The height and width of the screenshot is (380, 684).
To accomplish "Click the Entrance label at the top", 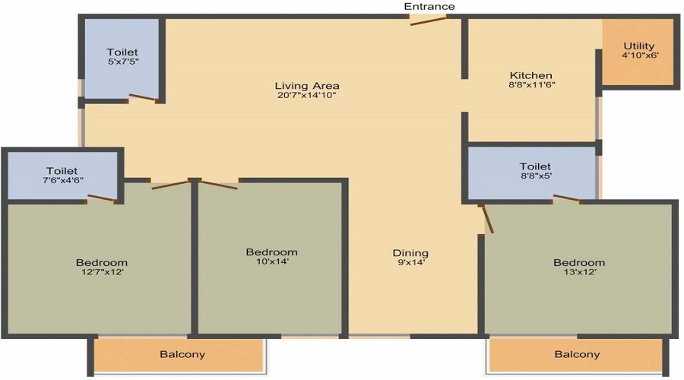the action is click(429, 6).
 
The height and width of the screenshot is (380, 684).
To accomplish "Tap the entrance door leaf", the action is click(429, 21).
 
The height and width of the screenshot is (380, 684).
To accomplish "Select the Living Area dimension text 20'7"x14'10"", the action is click(307, 95).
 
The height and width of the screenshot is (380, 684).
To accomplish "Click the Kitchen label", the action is click(531, 75).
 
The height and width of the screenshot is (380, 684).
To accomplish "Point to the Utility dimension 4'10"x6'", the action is click(640, 55).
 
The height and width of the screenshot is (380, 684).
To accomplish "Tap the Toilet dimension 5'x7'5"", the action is click(123, 62).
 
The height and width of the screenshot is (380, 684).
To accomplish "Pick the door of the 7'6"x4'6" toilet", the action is click(101, 198).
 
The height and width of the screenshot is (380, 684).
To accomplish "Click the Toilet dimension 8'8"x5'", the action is click(535, 176).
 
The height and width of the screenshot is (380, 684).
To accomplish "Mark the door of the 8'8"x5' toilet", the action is click(567, 198).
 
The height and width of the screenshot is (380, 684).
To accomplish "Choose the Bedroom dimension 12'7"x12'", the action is click(102, 272).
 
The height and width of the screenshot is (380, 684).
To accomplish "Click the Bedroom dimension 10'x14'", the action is click(272, 261).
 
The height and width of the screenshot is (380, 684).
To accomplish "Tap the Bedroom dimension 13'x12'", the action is click(580, 272).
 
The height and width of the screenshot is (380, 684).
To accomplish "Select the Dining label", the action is click(410, 252).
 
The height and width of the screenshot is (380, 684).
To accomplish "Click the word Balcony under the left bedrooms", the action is click(182, 354).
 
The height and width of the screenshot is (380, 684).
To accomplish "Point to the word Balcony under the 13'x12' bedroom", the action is click(577, 354).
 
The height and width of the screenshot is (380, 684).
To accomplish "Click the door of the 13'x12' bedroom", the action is click(487, 219).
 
